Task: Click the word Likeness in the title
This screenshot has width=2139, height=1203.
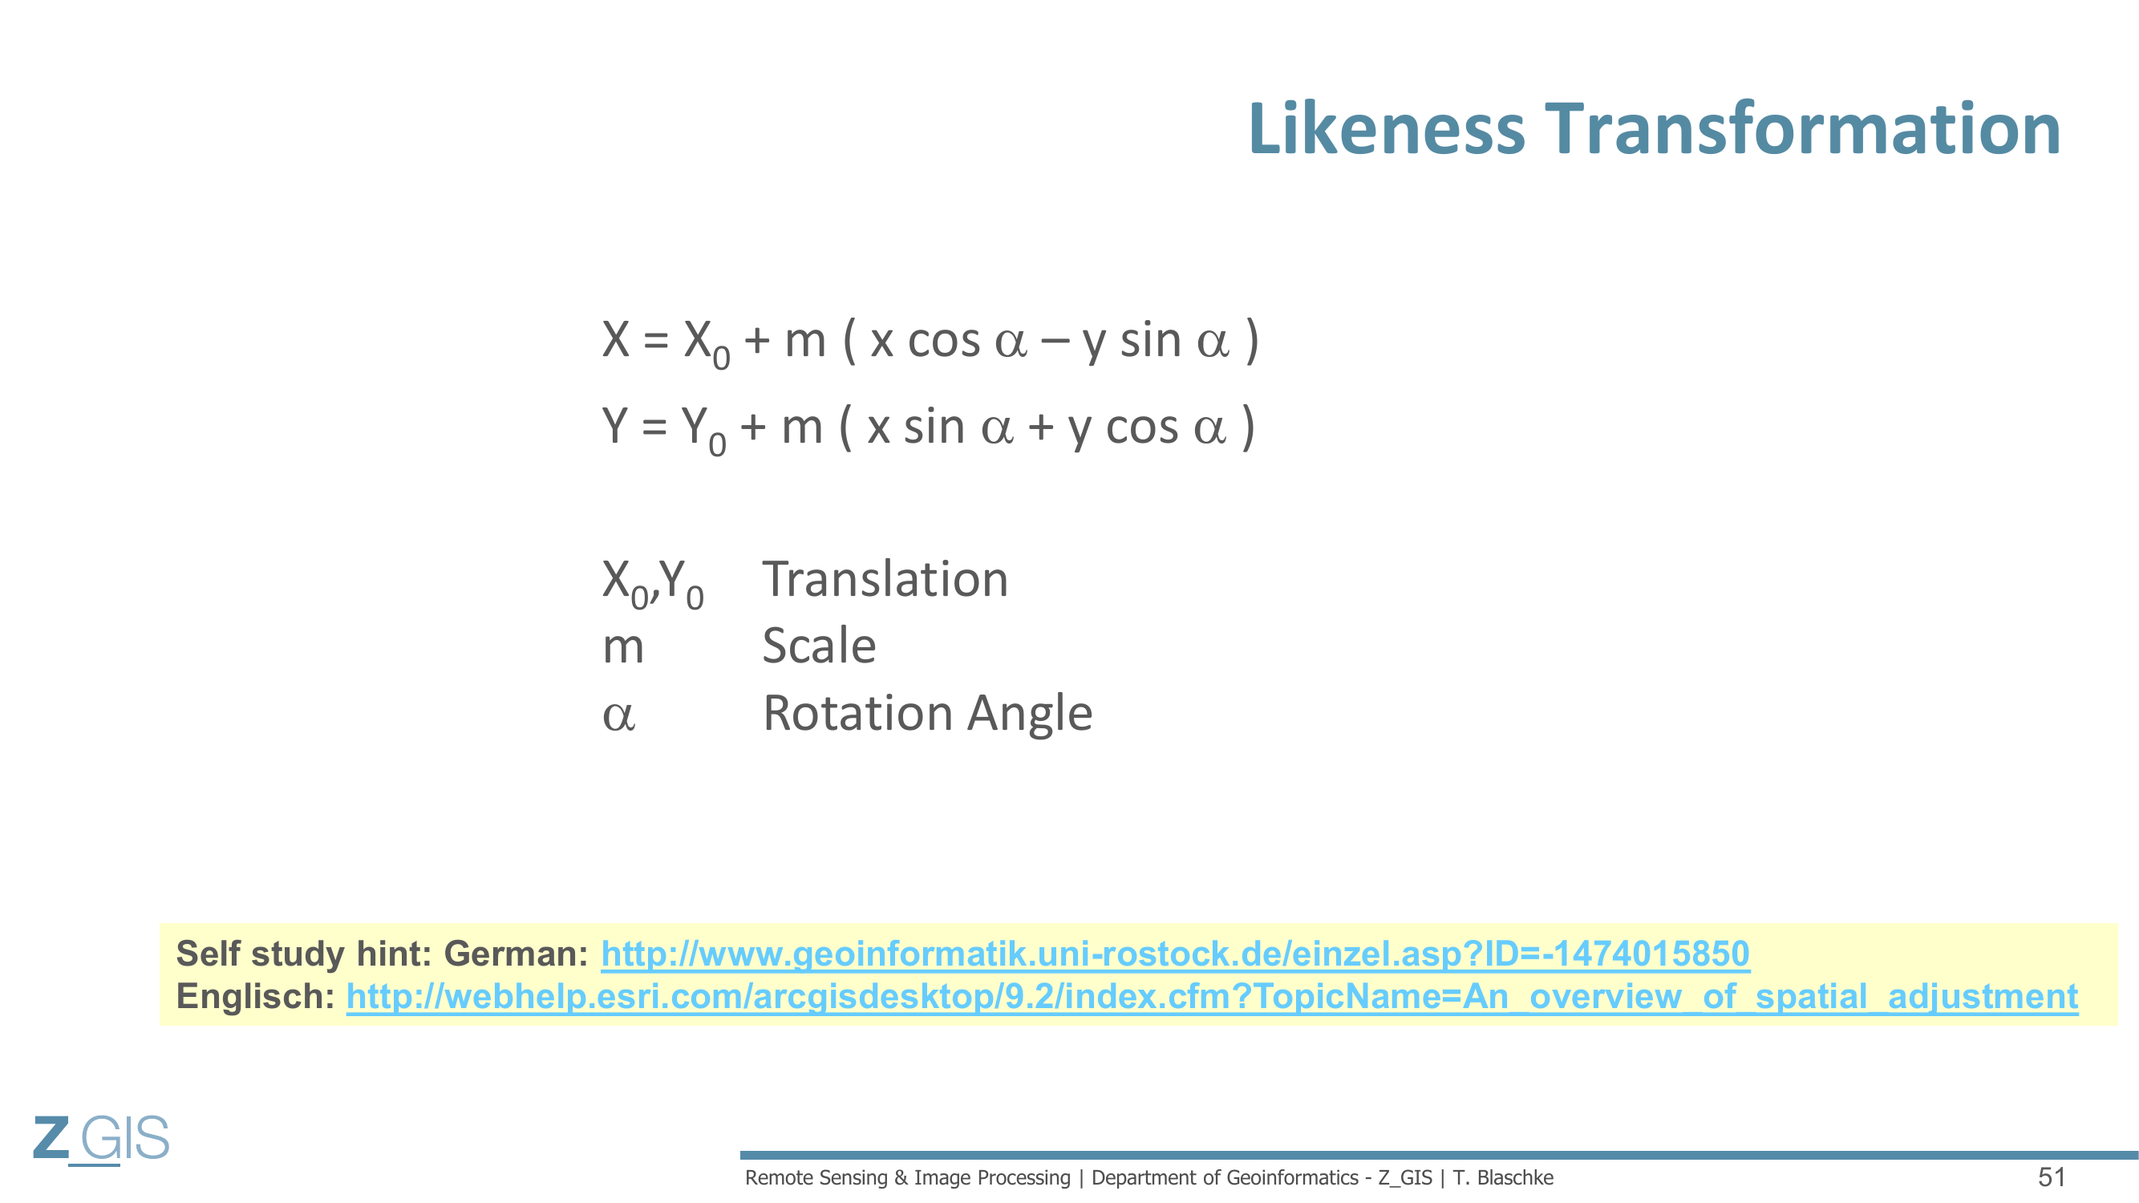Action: pyautogui.click(x=1387, y=128)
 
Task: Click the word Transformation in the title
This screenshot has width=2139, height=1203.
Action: pyautogui.click(x=1803, y=128)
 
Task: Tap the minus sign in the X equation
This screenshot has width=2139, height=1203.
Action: pyautogui.click(x=1055, y=341)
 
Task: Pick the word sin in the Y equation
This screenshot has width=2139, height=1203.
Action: pyautogui.click(x=934, y=427)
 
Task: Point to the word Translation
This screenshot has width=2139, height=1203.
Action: pyautogui.click(x=885, y=579)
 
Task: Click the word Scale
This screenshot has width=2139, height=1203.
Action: pyautogui.click(x=819, y=645)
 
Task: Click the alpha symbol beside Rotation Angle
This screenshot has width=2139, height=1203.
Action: pyautogui.click(x=618, y=715)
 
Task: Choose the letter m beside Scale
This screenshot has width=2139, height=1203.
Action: pyautogui.click(x=622, y=648)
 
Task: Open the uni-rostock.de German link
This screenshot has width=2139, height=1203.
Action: pyautogui.click(x=1175, y=954)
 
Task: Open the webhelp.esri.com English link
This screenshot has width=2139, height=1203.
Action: pyautogui.click(x=1213, y=996)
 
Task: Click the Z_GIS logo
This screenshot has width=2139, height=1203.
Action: pyautogui.click(x=101, y=1139)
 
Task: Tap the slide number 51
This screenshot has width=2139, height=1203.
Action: pyautogui.click(x=2052, y=1177)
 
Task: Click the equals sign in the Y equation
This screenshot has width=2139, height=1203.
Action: pyautogui.click(x=654, y=427)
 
